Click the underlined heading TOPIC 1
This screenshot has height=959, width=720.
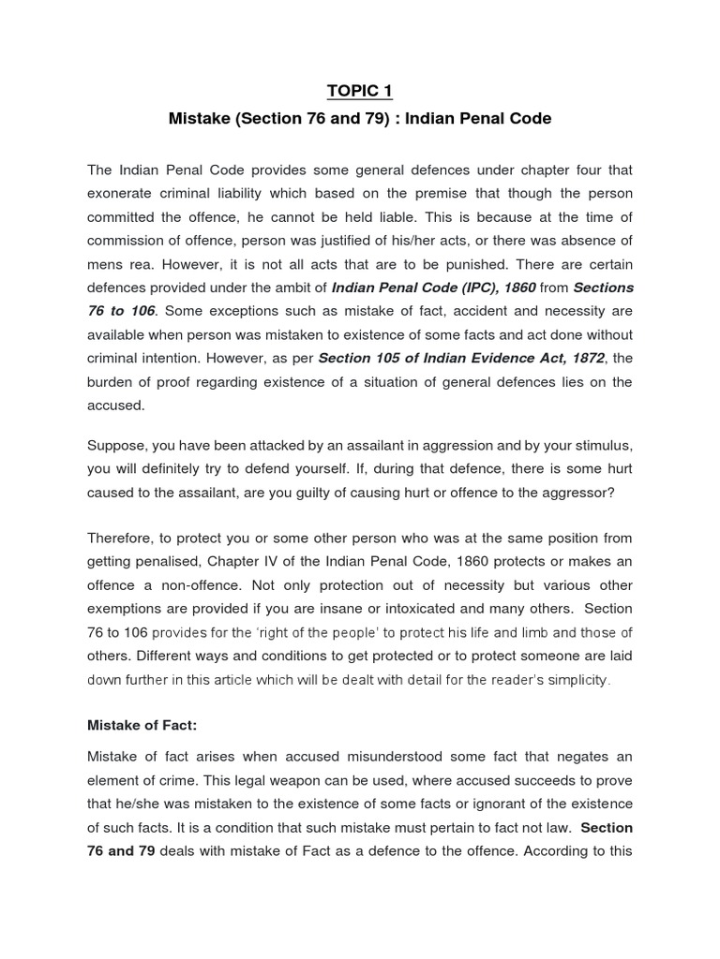coord(360,91)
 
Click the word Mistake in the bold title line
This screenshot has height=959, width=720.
coord(200,119)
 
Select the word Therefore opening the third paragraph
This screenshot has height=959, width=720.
coord(121,538)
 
